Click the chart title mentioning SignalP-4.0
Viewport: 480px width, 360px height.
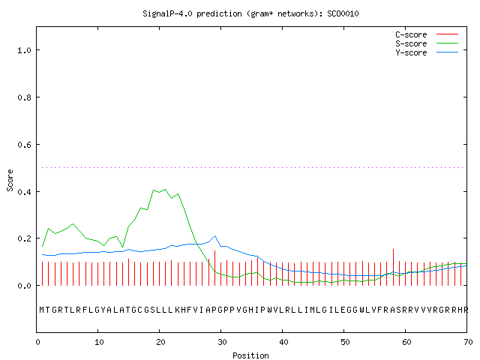[250, 13]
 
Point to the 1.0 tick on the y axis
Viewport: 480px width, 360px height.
[24, 50]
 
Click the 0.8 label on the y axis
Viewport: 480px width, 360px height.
[24, 97]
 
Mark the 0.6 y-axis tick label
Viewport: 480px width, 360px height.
[24, 145]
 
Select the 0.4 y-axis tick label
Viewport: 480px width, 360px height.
[24, 192]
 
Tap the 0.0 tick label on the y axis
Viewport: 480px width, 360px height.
[24, 286]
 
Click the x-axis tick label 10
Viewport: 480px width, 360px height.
[99, 342]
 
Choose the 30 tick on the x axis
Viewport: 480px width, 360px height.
[222, 342]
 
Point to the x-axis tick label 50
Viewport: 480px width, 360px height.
[345, 342]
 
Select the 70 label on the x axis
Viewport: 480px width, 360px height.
[468, 342]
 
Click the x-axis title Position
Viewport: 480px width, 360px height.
[250, 355]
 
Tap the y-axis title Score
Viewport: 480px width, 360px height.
[10, 181]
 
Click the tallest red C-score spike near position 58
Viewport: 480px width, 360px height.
[393, 267]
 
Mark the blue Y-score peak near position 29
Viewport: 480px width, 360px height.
[215, 236]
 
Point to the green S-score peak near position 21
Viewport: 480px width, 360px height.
[165, 189]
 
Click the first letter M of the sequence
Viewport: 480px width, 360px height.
[42, 310]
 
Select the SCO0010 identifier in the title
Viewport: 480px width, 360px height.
[343, 13]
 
